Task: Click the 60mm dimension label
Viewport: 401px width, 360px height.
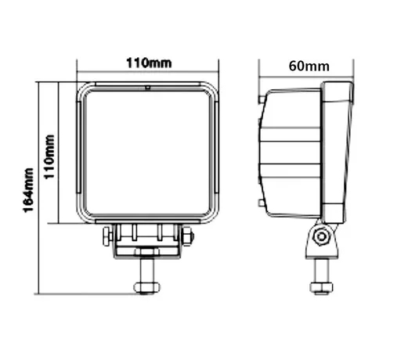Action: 309,66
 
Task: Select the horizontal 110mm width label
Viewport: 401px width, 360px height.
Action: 149,63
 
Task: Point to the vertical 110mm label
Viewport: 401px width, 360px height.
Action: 49,157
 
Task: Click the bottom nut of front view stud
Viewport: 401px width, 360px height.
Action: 146,288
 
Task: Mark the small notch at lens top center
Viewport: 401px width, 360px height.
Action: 147,88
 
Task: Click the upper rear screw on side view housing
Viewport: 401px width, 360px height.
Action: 261,99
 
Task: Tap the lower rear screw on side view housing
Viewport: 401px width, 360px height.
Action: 261,203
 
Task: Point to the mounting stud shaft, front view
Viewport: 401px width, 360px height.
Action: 146,270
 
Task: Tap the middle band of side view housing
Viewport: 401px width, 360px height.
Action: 290,153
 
